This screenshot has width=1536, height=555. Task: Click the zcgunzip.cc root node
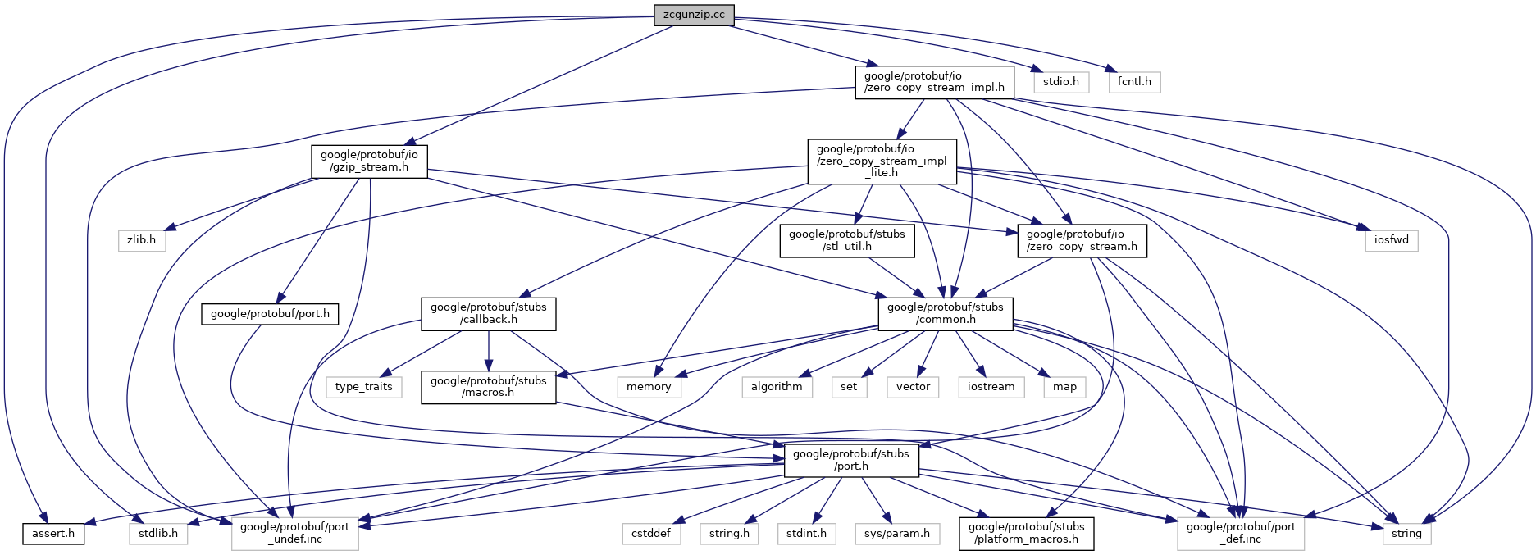(x=694, y=15)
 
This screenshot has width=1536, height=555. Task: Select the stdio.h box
(x=1061, y=82)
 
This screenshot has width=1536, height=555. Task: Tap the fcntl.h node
(x=1134, y=82)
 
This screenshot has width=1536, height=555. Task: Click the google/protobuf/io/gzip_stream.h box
(x=369, y=161)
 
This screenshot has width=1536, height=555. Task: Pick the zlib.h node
(x=142, y=240)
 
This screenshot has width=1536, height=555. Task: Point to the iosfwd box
(x=1391, y=240)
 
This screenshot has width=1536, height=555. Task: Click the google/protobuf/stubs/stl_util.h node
(x=847, y=240)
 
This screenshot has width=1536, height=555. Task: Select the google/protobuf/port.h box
(x=270, y=314)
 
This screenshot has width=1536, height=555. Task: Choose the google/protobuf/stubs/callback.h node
(x=489, y=314)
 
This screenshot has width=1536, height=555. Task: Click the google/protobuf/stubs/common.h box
(x=946, y=314)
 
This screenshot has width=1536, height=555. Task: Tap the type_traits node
(x=364, y=387)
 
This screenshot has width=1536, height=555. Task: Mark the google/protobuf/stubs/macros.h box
(x=489, y=387)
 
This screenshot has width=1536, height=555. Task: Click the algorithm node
(x=777, y=387)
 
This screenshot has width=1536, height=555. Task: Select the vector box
(x=913, y=387)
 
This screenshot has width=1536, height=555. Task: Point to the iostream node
(x=991, y=387)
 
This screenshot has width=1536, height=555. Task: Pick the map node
(x=1064, y=387)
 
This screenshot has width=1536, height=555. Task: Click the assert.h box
(x=53, y=534)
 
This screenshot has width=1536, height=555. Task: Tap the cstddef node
(x=651, y=534)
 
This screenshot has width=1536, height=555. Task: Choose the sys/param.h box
(x=897, y=534)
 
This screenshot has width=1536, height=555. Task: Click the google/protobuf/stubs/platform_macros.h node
(x=1026, y=534)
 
